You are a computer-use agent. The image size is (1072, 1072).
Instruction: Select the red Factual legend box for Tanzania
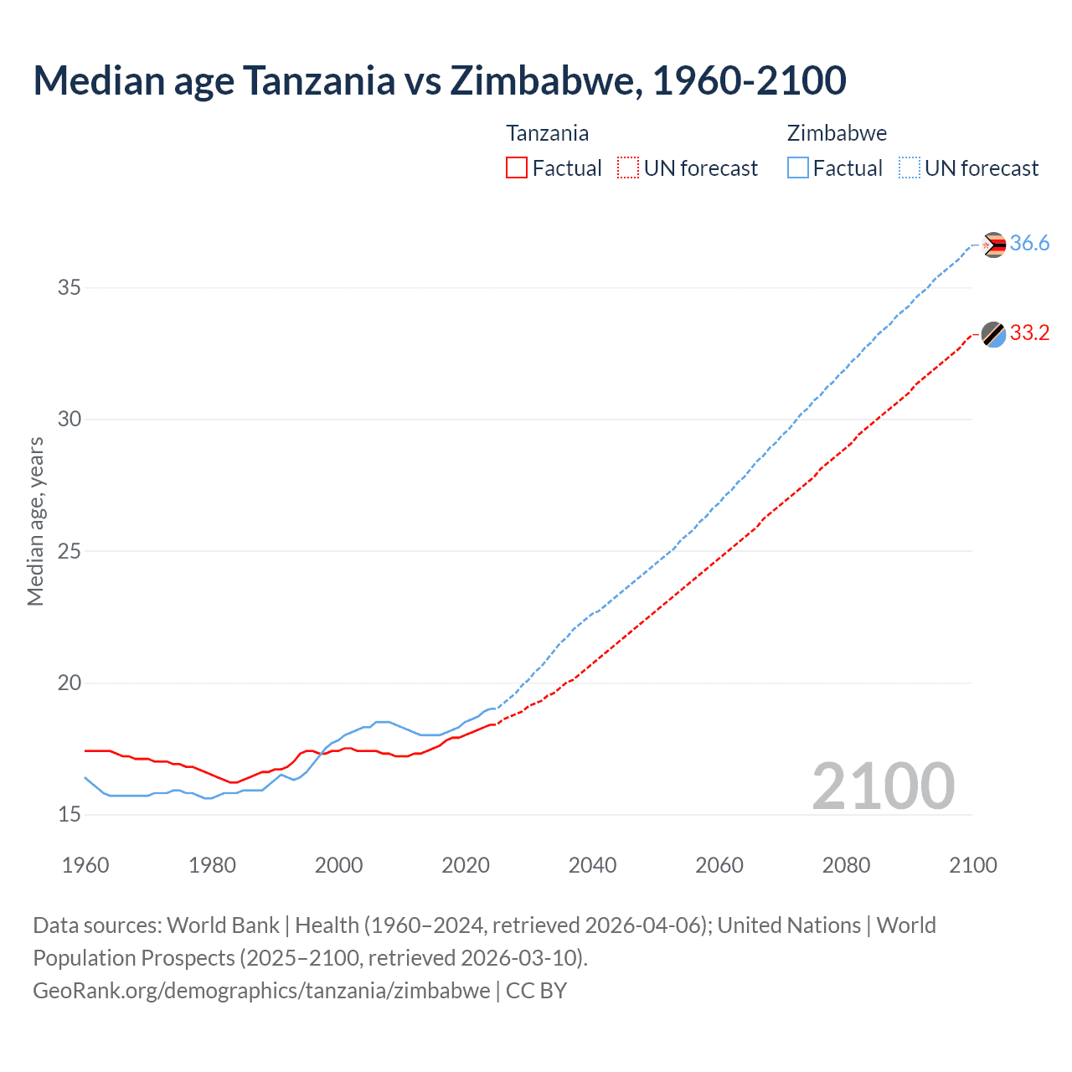click(x=517, y=168)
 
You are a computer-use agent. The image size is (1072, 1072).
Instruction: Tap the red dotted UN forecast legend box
click(x=628, y=168)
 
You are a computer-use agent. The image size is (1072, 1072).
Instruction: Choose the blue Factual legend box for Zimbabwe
click(x=798, y=168)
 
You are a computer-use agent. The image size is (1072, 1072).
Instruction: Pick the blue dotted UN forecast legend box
click(x=909, y=168)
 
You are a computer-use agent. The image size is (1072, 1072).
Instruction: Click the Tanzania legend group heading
click(x=547, y=133)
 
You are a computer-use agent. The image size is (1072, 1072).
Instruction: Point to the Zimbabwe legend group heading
click(x=837, y=133)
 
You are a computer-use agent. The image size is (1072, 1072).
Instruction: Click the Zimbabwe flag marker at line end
click(x=993, y=245)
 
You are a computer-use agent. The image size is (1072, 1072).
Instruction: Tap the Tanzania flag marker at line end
click(x=993, y=334)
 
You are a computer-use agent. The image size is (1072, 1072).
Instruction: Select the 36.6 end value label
click(x=1029, y=244)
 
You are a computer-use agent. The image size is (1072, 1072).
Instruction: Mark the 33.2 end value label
click(x=1029, y=333)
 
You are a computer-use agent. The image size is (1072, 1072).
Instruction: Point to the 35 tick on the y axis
click(x=70, y=288)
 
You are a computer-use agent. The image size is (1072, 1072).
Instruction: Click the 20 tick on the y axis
click(x=70, y=683)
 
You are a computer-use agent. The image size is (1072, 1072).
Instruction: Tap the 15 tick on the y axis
click(x=70, y=815)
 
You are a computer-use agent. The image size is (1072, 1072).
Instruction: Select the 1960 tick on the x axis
click(x=85, y=865)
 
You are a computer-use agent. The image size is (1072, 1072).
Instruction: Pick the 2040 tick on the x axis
click(x=592, y=865)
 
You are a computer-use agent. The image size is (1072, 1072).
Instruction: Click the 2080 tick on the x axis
click(x=846, y=865)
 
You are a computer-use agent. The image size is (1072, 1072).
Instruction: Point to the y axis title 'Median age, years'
click(x=35, y=521)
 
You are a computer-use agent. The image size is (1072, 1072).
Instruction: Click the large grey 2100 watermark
click(x=884, y=786)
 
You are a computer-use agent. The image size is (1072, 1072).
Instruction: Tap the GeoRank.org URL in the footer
click(x=261, y=991)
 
